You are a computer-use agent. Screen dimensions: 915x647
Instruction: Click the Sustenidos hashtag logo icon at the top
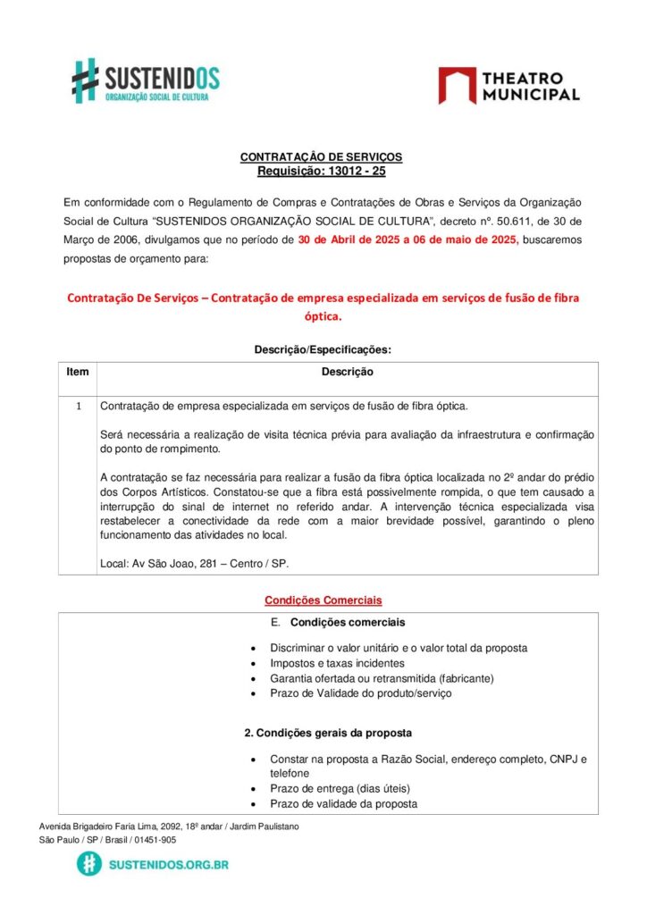(x=85, y=80)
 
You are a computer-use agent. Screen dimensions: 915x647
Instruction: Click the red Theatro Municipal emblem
(x=457, y=85)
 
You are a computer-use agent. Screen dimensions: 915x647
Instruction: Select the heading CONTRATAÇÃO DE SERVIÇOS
(x=321, y=157)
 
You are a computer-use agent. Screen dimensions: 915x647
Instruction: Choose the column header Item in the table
(x=78, y=372)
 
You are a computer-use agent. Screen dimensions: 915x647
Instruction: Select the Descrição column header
(x=347, y=372)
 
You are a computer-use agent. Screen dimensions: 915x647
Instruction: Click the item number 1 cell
(x=78, y=407)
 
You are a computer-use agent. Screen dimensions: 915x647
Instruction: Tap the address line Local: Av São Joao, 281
(x=194, y=564)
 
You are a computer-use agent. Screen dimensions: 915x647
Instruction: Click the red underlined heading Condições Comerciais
(x=323, y=600)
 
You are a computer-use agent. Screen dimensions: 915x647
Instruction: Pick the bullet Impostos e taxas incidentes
(x=337, y=663)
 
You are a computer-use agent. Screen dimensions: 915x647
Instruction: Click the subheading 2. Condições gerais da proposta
(x=328, y=733)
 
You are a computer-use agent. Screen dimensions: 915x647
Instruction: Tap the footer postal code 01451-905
(x=156, y=840)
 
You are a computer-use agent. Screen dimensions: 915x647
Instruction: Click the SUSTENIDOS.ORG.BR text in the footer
(x=168, y=864)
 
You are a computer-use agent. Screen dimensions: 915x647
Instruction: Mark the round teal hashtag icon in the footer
(x=88, y=863)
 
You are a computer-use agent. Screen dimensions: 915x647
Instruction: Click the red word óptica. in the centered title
(x=323, y=315)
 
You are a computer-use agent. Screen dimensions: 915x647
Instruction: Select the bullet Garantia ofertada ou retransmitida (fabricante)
(x=382, y=678)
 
